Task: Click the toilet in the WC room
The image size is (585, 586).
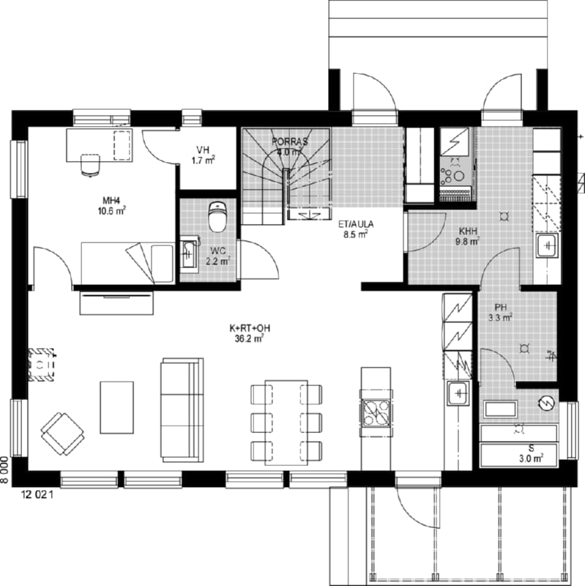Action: [x=217, y=217]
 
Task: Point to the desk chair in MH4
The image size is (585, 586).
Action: [x=90, y=164]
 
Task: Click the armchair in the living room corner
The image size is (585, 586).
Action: [x=62, y=434]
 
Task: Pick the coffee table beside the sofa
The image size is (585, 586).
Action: [x=117, y=407]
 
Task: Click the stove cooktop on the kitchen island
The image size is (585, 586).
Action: [x=376, y=413]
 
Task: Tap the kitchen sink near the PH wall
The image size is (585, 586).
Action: [x=458, y=393]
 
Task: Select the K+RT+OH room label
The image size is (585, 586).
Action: [x=250, y=333]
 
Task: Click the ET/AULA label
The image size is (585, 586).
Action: [x=356, y=229]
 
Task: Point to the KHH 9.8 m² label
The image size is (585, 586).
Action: [x=468, y=236]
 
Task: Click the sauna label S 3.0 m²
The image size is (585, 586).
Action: [x=532, y=453]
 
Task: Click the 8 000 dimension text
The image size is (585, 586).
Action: [x=4, y=470]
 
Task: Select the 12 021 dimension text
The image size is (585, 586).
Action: [x=38, y=495]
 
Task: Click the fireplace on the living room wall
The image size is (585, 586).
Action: [x=41, y=364]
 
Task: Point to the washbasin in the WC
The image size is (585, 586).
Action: [x=189, y=253]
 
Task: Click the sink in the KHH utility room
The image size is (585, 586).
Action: [x=547, y=245]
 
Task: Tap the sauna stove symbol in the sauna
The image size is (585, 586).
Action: [x=546, y=403]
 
